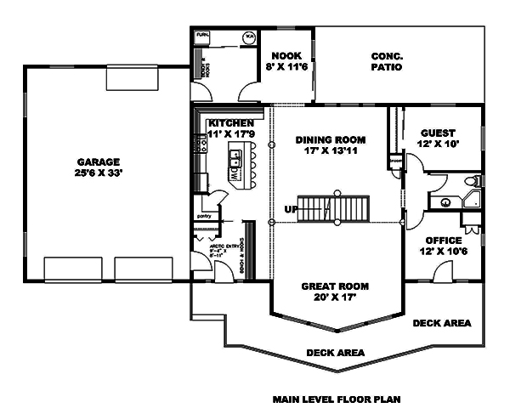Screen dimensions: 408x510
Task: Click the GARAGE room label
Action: tap(99, 161)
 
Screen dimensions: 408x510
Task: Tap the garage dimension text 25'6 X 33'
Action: tap(99, 174)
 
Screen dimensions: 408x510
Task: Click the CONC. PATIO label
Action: tap(387, 62)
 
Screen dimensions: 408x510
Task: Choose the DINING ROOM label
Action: tap(331, 139)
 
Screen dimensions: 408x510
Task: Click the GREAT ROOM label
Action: tap(334, 286)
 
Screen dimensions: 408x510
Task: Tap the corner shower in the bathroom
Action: tap(473, 200)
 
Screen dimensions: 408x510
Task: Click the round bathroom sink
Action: tap(445, 202)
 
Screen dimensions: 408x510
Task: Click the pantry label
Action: tap(203, 216)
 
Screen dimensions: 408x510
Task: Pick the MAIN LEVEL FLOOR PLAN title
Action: tap(336, 398)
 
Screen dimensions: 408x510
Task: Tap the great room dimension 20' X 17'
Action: tap(334, 298)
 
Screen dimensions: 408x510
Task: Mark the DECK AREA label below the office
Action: tap(441, 323)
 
